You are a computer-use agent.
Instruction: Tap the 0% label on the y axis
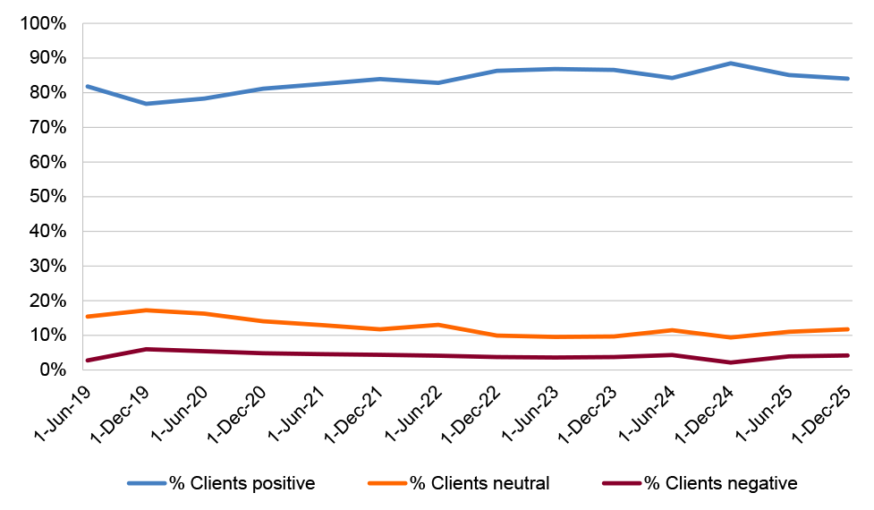[x=51, y=370]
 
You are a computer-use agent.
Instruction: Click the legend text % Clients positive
[x=243, y=484]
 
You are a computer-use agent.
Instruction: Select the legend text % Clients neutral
[x=479, y=484]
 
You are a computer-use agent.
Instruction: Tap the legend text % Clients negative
[x=720, y=484]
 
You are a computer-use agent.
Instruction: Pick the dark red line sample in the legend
[x=622, y=484]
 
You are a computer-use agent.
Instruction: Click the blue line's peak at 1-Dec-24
[x=731, y=64]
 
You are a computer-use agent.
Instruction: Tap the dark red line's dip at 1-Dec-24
[x=731, y=362]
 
